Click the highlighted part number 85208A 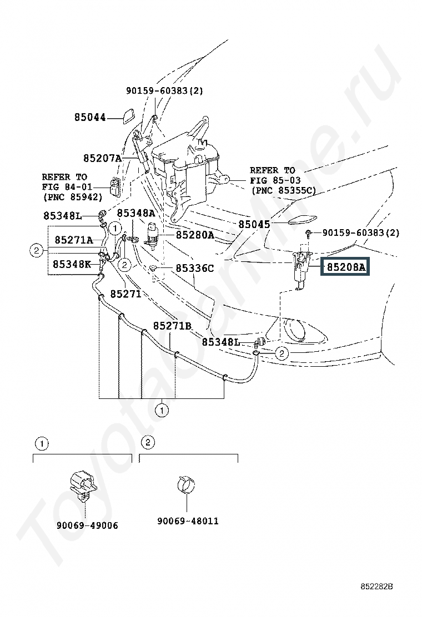tap(345, 267)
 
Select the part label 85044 tap(90, 117)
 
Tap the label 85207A tap(102, 158)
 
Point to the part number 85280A tap(195, 235)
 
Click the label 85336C tap(195, 269)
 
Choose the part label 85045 tap(254, 224)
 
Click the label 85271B tap(173, 326)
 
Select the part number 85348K tap(72, 264)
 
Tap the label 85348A tap(136, 213)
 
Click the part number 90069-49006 tap(87, 525)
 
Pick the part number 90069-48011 tap(188, 520)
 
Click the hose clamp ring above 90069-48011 tap(186, 484)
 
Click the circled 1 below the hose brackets tap(162, 411)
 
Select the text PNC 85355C tap(284, 190)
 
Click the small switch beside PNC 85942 tap(115, 186)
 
